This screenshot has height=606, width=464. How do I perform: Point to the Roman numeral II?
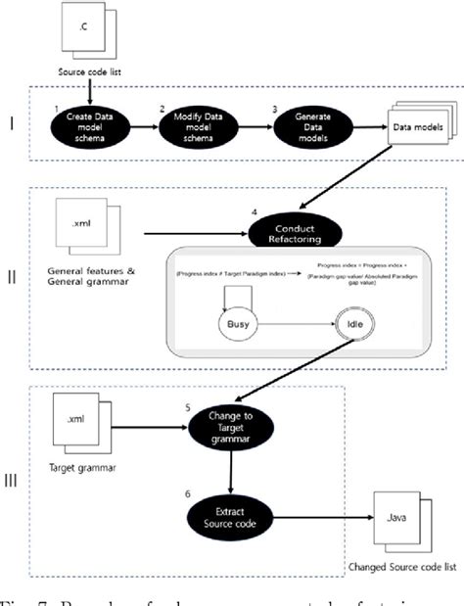[11, 275]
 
